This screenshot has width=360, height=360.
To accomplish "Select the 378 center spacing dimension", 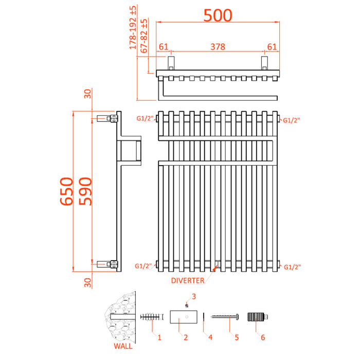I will tap(218, 47).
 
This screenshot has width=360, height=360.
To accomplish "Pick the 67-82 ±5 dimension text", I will tap(145, 38).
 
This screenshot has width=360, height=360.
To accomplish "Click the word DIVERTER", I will tap(188, 280).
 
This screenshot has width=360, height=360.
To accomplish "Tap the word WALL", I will tap(122, 346).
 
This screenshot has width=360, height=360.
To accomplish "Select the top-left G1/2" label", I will tap(145, 119).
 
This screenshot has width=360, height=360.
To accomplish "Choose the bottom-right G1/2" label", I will tap(292, 266).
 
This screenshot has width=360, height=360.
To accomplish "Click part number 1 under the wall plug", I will tap(159, 337).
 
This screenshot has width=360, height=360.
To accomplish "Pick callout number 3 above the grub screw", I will tap(194, 296).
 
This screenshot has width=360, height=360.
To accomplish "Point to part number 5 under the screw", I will tap(236, 337).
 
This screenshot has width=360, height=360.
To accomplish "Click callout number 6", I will tap(262, 337).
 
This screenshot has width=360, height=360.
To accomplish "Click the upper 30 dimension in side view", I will tap(87, 93).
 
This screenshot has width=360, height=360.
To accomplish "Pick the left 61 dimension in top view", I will tap(164, 47).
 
